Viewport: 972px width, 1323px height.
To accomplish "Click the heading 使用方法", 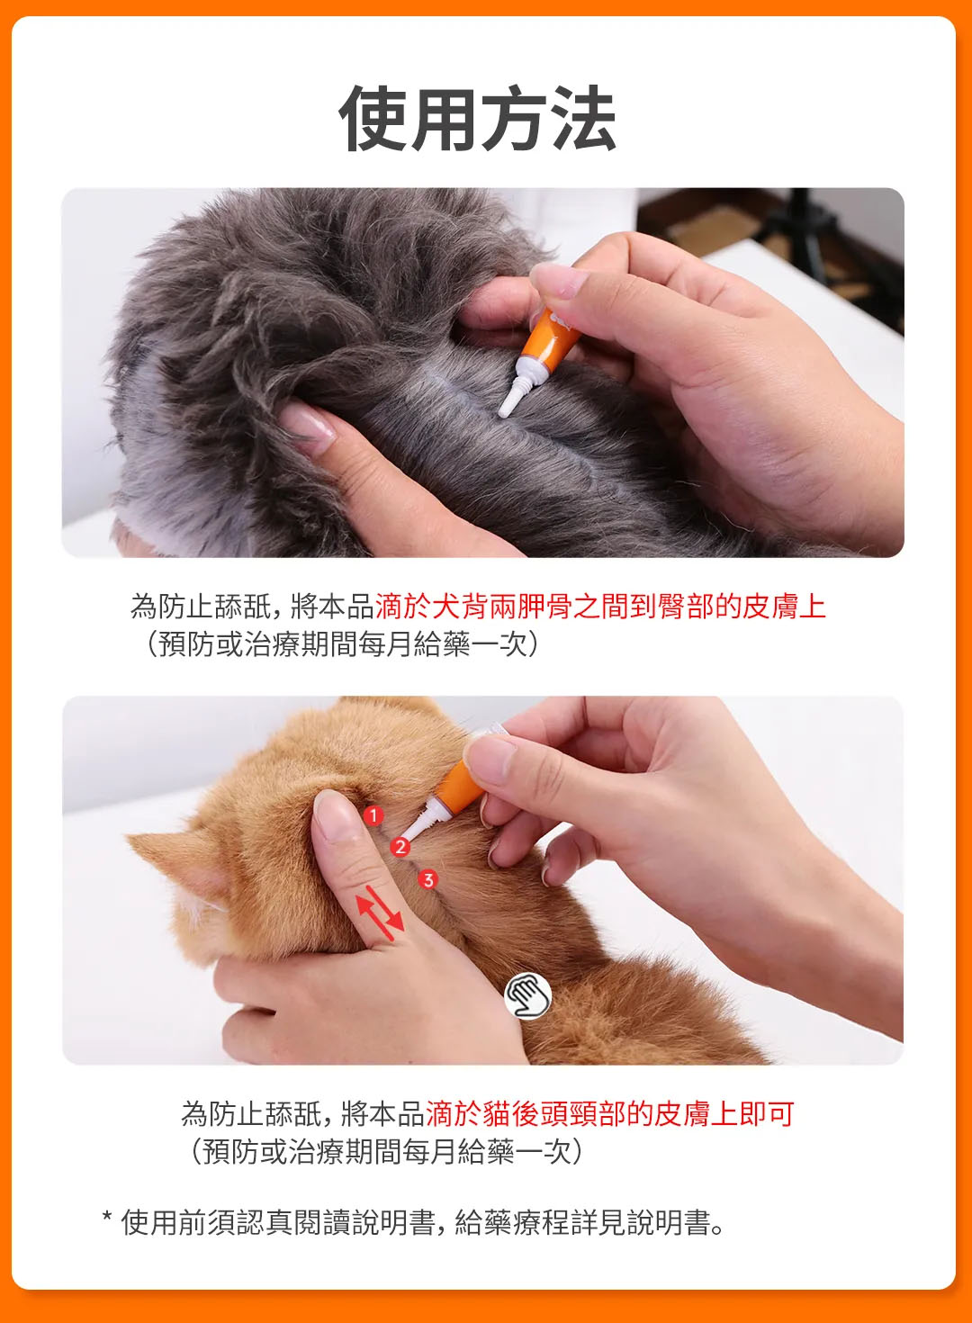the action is (478, 119).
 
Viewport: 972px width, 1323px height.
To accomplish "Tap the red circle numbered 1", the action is (373, 815).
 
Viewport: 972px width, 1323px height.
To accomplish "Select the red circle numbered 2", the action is (400, 848).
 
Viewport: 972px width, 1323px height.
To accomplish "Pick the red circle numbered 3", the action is (428, 879).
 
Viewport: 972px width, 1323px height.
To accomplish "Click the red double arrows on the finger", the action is (380, 913).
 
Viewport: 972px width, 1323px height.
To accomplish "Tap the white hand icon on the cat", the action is (528, 995).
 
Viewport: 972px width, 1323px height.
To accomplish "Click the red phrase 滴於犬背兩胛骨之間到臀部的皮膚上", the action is (600, 607).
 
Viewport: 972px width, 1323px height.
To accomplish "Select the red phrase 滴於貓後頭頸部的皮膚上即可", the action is (609, 1114).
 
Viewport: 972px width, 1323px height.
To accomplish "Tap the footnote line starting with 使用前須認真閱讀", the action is (423, 1222).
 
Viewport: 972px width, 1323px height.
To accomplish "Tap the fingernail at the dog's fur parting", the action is (307, 423).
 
